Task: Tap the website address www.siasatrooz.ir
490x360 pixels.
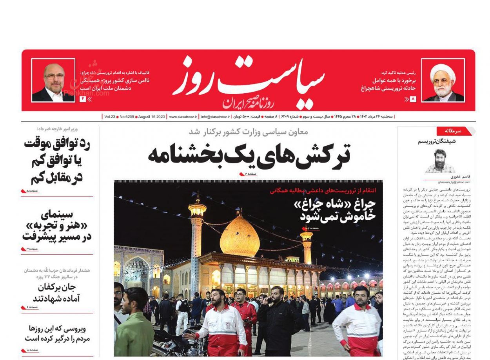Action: click(183, 117)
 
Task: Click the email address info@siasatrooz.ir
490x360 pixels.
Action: click(216, 117)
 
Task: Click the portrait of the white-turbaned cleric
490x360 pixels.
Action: click(443, 81)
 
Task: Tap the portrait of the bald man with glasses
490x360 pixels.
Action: click(53, 81)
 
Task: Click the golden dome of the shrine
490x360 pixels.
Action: click(240, 235)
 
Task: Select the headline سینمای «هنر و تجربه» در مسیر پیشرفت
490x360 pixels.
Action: click(57, 226)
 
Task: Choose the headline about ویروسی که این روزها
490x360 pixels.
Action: click(57, 333)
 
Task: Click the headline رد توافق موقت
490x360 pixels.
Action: click(57, 161)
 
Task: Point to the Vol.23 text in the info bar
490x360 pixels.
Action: click(110, 117)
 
